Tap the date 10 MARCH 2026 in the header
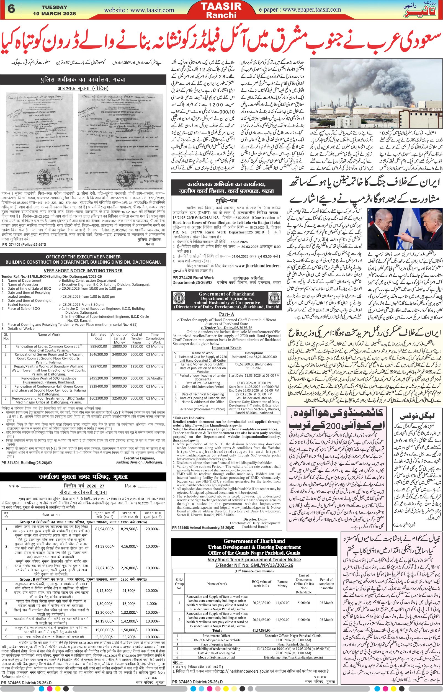click(x=54, y=14)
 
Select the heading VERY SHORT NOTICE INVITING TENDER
click(x=83, y=270)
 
